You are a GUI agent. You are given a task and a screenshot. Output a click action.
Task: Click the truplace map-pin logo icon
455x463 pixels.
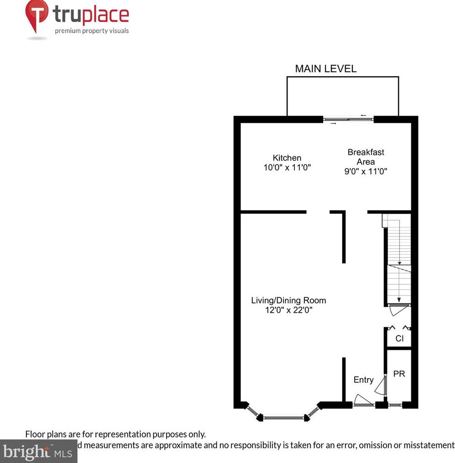click(37, 16)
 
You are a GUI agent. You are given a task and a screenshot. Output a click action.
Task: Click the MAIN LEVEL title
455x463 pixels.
click(325, 69)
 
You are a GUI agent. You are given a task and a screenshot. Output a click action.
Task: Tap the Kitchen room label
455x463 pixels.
click(287, 158)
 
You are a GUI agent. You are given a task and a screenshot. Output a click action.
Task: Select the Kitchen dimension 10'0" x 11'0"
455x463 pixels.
click(287, 168)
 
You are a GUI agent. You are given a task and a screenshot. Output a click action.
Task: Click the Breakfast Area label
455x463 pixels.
click(366, 157)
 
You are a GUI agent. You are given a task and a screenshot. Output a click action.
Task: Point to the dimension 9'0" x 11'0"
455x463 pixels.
click(366, 171)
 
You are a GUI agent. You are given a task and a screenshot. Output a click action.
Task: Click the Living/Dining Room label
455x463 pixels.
click(288, 300)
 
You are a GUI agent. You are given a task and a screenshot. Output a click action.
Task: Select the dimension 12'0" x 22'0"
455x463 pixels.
click(288, 310)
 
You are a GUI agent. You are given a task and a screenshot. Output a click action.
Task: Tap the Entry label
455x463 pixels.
click(363, 380)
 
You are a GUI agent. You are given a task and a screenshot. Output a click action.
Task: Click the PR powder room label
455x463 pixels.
click(399, 374)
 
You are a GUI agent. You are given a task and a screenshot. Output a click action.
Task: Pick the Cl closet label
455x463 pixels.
click(399, 339)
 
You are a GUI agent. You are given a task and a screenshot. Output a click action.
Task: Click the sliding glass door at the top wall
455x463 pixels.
click(349, 120)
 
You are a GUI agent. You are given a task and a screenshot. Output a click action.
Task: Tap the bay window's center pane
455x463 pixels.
click(285, 417)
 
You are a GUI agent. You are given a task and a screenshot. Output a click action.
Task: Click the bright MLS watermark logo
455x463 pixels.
click(38, 452)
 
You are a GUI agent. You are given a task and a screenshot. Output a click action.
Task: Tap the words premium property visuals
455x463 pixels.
click(92, 31)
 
